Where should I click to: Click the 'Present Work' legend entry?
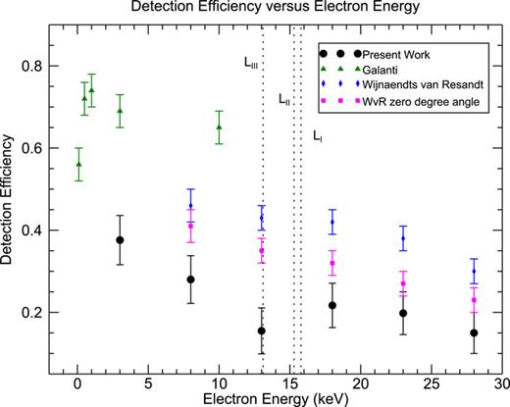(392, 52)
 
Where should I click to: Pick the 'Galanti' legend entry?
(378, 69)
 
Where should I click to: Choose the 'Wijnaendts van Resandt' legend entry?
(412, 85)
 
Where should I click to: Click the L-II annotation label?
(283, 99)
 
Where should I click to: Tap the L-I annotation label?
(317, 137)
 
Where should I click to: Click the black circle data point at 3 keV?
(120, 240)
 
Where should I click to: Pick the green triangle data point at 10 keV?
(219, 127)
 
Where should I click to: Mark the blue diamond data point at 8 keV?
(190, 206)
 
